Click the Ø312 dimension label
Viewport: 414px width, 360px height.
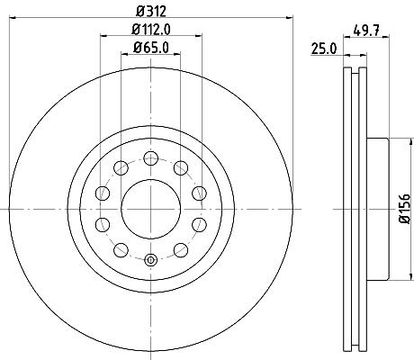(151, 12)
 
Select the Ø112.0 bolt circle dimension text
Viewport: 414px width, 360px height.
(151, 30)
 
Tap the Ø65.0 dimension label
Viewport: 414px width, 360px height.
(151, 48)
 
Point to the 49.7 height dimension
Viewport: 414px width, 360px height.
(366, 30)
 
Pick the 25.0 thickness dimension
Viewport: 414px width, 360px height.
(324, 49)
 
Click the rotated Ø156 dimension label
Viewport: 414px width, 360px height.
(405, 209)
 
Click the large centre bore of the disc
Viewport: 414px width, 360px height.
(151, 209)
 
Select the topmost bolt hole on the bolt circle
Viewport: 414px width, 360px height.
(151, 158)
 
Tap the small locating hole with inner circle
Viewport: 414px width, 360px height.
(151, 260)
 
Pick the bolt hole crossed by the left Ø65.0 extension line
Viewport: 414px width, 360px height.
(121, 168)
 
